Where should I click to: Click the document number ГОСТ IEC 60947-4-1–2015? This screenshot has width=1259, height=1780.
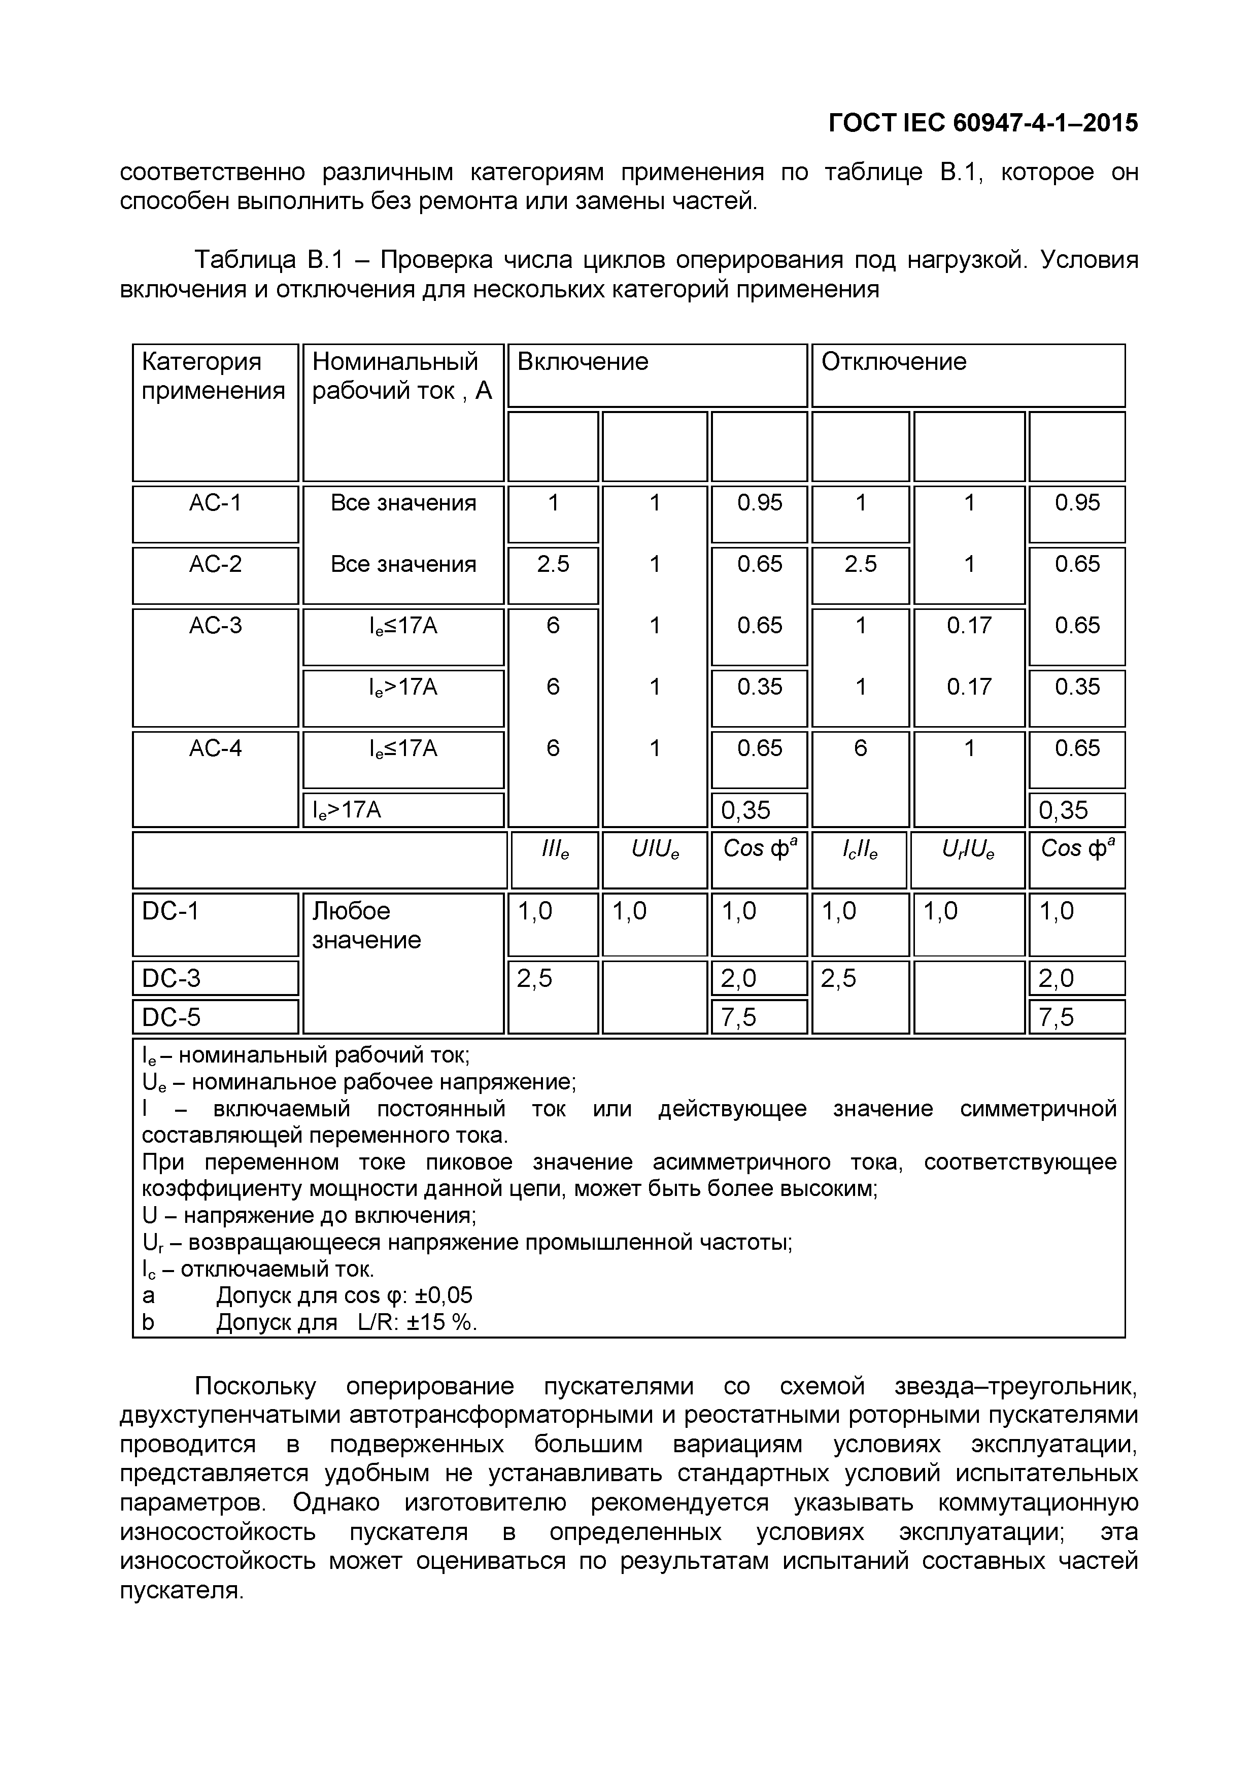(x=983, y=123)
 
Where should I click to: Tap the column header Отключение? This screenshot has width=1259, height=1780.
(x=893, y=362)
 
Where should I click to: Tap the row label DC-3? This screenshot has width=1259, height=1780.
(x=172, y=978)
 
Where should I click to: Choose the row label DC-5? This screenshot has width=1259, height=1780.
(x=172, y=1017)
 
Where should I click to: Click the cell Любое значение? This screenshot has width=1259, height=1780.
(x=366, y=926)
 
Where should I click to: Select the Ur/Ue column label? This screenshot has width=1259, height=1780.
(x=968, y=850)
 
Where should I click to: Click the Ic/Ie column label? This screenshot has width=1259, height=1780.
(x=860, y=850)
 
